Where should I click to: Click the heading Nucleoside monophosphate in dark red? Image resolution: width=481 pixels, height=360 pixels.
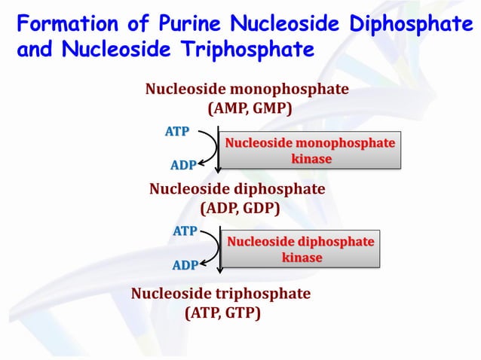tap(247, 89)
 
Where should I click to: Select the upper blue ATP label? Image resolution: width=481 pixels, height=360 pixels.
tap(177, 132)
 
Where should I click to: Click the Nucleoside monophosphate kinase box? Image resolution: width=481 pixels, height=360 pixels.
tap(309, 151)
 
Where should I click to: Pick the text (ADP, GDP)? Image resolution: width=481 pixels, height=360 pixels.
tap(240, 208)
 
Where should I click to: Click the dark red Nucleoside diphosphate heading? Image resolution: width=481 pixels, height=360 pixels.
tap(237, 188)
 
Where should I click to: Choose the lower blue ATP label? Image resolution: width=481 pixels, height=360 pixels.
tap(185, 231)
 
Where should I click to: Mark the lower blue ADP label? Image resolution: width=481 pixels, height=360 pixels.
tap(185, 265)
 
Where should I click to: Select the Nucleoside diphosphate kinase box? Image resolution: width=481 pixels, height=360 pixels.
tap(301, 249)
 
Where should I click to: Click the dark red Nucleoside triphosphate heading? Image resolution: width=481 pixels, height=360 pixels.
tap(221, 293)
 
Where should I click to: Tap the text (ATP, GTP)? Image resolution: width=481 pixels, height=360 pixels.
tap(222, 313)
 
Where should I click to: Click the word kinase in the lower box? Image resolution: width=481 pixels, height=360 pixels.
tap(302, 258)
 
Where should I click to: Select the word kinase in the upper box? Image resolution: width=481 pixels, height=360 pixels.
tap(311, 159)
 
